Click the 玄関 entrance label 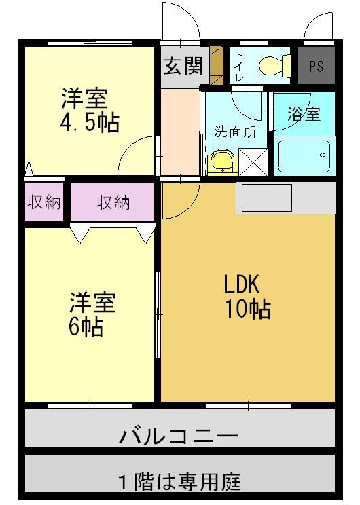tap(183, 66)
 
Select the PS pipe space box tap(316, 65)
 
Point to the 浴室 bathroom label tap(304, 113)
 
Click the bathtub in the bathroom tap(304, 156)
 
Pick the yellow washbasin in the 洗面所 tap(222, 162)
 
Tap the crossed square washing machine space tap(253, 162)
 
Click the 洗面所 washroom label tap(236, 132)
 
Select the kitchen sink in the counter tap(267, 198)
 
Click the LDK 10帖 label tap(247, 297)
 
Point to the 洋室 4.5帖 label tap(90, 111)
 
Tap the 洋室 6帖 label tap(91, 314)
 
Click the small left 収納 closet tap(44, 202)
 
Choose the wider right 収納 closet tap(113, 202)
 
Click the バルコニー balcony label tap(179, 436)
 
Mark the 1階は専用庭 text tap(180, 481)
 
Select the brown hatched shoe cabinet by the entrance tap(217, 66)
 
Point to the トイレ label tap(240, 66)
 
